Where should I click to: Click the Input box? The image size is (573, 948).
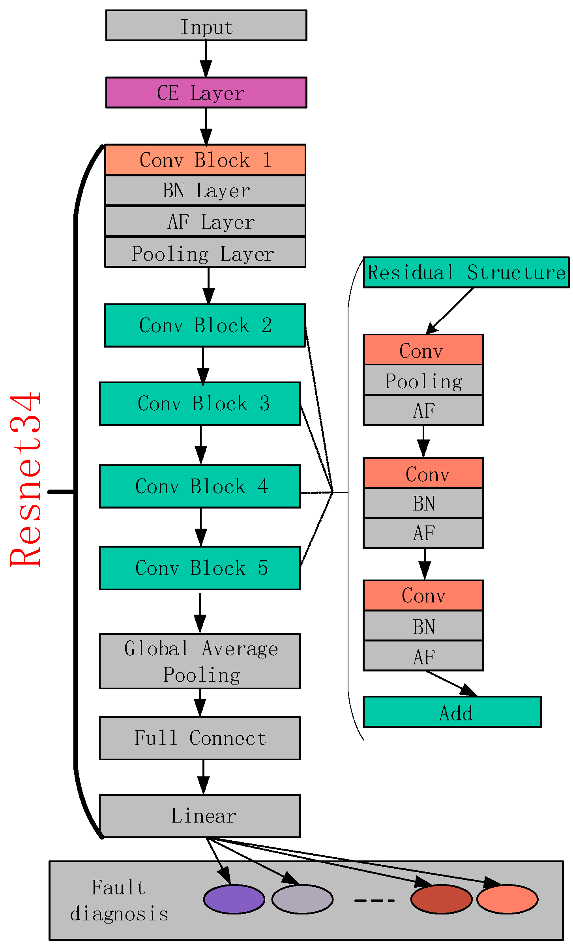[x=206, y=26]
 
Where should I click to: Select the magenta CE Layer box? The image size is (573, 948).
[x=206, y=93]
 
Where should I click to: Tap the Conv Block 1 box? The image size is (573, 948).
[x=205, y=160]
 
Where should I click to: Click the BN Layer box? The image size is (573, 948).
[x=205, y=191]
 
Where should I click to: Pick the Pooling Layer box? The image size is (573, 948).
[x=205, y=252]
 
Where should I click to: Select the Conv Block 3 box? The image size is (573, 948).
[x=200, y=404]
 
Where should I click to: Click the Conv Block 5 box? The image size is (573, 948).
[x=200, y=568]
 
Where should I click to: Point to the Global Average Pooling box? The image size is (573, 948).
[x=200, y=661]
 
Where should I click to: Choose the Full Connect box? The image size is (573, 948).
[x=200, y=738]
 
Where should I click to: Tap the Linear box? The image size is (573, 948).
[x=200, y=816]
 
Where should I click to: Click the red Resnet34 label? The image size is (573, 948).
[x=26, y=479]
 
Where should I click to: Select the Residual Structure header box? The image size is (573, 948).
[x=466, y=273]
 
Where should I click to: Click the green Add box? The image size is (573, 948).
[x=452, y=712]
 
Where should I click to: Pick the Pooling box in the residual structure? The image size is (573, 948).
[x=423, y=380]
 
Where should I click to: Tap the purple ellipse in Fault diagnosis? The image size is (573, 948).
[x=234, y=899]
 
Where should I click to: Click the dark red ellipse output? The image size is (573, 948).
[x=441, y=899]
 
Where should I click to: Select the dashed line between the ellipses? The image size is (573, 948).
[x=374, y=900]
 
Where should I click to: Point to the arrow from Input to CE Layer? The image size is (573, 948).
[x=206, y=58]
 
